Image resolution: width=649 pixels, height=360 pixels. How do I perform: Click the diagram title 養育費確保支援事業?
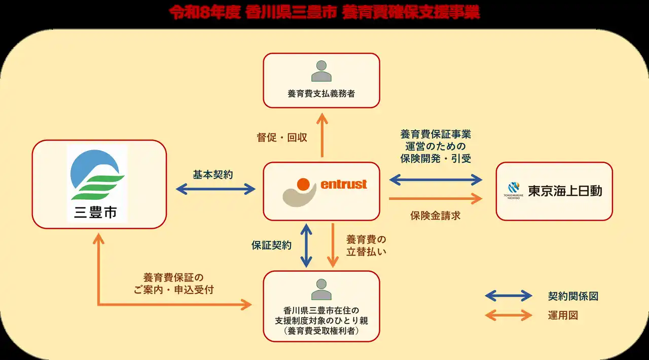click(324, 13)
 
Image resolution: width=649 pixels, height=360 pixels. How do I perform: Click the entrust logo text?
click(344, 184)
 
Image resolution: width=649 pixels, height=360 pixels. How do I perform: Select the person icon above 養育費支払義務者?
click(321, 71)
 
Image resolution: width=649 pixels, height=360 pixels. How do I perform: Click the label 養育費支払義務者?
click(321, 94)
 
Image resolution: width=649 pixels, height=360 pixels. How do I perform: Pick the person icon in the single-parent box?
click(321, 289)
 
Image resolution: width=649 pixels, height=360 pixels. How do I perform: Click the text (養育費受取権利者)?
click(321, 331)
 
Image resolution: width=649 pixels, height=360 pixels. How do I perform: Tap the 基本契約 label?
click(213, 174)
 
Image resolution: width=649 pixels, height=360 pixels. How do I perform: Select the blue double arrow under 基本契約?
click(215, 189)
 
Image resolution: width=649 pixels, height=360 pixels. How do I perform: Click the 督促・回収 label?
click(282, 137)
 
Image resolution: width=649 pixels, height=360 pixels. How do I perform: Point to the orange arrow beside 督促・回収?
click(321, 135)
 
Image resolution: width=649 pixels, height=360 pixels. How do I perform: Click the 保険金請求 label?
click(435, 215)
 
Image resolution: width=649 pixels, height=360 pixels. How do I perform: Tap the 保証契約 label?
click(272, 245)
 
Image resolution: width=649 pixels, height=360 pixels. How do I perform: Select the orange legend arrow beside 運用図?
click(509, 315)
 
